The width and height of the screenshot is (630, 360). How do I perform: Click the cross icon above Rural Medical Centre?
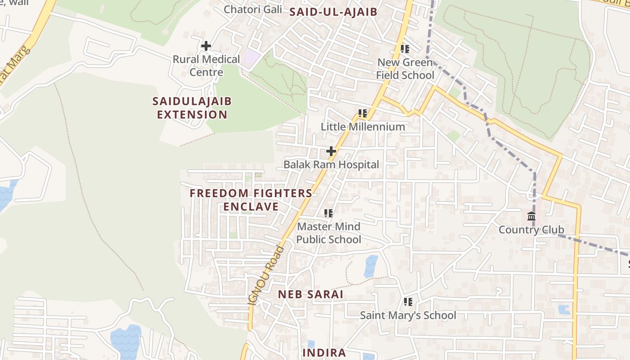tap(206, 46)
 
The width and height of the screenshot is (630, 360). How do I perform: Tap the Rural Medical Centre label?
tap(207, 66)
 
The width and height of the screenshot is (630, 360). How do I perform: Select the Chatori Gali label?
tap(253, 9)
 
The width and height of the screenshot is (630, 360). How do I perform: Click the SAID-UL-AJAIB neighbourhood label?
tap(333, 12)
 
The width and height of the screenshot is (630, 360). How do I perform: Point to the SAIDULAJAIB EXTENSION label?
tap(192, 108)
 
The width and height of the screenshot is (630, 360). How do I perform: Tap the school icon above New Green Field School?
tap(405, 49)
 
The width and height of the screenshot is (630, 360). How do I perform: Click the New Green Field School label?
tap(405, 69)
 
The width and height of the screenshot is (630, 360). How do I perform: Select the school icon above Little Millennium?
tap(363, 113)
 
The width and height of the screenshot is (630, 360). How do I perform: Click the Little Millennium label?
tap(363, 127)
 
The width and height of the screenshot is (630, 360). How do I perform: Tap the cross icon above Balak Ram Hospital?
tap(331, 151)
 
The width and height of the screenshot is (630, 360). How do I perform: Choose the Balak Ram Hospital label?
tap(331, 165)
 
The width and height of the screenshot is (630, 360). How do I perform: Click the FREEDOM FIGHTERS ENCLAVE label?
tap(251, 200)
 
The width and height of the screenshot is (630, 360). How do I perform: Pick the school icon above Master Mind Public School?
tap(328, 213)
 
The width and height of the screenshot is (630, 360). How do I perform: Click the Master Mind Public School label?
tap(328, 233)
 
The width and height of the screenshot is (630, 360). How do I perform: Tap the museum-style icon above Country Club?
tap(531, 216)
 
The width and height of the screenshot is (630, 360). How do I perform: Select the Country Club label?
tap(531, 230)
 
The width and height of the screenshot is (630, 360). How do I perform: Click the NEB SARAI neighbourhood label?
tap(310, 295)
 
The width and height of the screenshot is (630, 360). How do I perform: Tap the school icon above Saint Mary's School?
tap(408, 302)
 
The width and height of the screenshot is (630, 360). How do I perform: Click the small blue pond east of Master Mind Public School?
tap(371, 266)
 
